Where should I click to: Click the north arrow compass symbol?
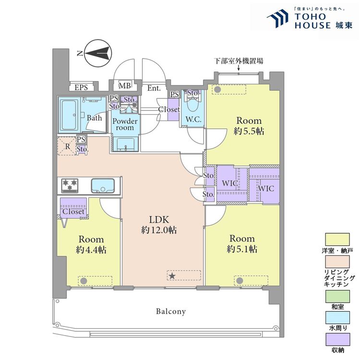click(x=98, y=53)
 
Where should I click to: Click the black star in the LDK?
click(x=172, y=276)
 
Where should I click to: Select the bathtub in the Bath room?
click(x=69, y=115)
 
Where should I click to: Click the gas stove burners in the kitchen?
click(x=70, y=185)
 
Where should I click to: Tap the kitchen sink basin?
click(x=103, y=185)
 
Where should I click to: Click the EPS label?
click(x=81, y=87)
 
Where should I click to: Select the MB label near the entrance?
click(x=125, y=85)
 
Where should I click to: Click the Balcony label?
click(x=171, y=312)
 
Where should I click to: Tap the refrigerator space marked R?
click(x=67, y=146)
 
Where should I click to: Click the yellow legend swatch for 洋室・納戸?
click(x=337, y=240)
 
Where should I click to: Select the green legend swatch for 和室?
click(x=337, y=296)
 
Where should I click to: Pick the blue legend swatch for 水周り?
click(x=337, y=318)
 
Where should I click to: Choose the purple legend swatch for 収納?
click(x=337, y=339)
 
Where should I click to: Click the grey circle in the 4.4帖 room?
click(x=84, y=281)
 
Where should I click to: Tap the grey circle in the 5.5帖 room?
click(x=217, y=89)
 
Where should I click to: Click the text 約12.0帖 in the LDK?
click(x=159, y=230)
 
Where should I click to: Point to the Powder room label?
click(x=125, y=124)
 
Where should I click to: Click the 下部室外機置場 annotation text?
click(x=239, y=61)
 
